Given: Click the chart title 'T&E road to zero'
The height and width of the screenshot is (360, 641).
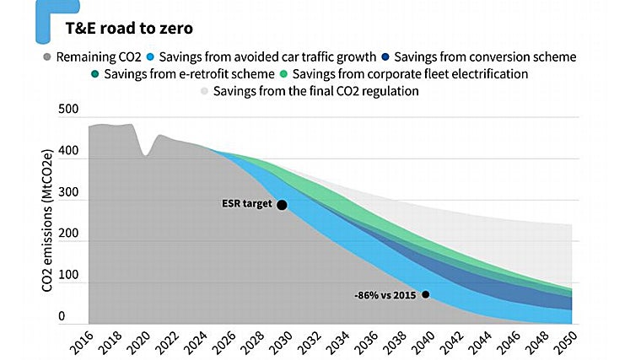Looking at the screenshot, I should (x=129, y=29).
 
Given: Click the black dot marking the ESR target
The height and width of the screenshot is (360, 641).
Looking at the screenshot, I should (x=282, y=205).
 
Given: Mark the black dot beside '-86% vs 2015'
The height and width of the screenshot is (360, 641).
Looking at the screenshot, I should (x=426, y=294).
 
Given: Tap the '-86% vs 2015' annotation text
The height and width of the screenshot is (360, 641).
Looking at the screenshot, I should (x=386, y=294).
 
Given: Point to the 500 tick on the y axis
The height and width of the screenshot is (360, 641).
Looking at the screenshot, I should (x=68, y=110).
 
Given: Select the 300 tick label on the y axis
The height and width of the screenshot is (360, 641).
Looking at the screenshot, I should (x=68, y=193).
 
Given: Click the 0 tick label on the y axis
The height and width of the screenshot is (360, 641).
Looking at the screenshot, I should (x=62, y=317).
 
